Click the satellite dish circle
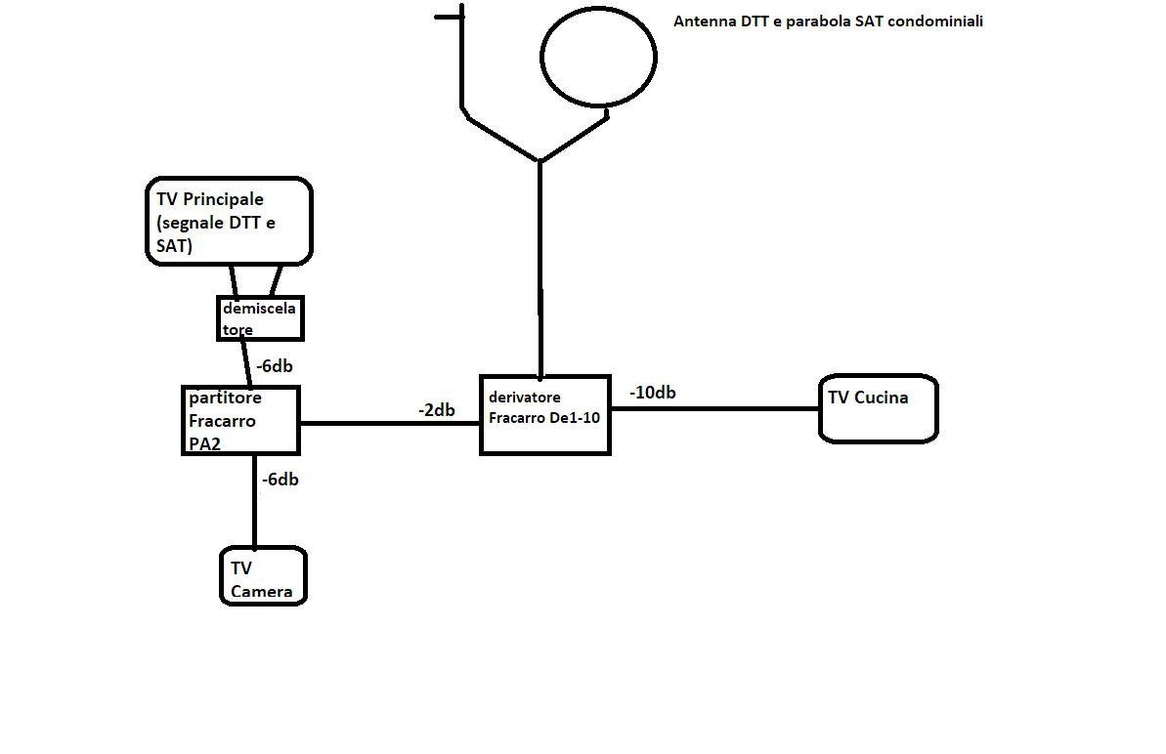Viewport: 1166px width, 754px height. tap(541, 58)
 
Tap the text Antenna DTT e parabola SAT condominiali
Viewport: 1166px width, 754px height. tap(828, 21)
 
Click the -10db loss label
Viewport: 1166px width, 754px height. tap(652, 393)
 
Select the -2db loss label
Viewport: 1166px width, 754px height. tap(437, 410)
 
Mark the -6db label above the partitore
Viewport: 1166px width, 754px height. tap(275, 366)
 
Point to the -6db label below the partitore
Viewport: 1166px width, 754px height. tap(281, 480)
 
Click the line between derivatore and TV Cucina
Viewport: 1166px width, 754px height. tap(714, 408)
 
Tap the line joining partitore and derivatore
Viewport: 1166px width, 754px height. tap(390, 424)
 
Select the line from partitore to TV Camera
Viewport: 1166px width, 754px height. tap(255, 501)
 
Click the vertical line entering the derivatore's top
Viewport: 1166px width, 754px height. tap(540, 269)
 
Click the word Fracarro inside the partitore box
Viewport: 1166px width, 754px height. tap(222, 421)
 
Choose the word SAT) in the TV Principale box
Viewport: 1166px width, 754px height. tap(175, 246)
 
